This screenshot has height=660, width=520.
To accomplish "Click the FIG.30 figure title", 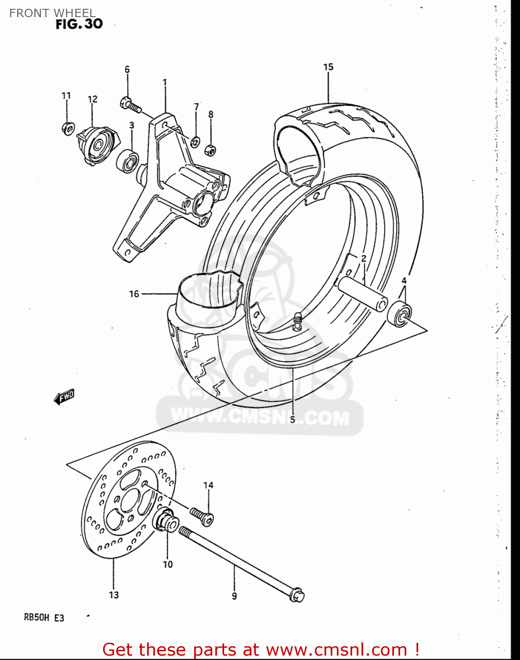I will coord(79,24).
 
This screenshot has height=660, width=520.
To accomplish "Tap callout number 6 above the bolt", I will coord(127,70).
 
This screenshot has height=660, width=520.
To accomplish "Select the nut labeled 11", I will coord(67,128).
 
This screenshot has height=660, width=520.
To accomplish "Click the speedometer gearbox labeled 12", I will coord(97,144).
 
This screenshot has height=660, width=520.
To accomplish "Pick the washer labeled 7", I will coord(195,142).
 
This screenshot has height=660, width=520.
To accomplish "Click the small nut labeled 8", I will coord(211,150).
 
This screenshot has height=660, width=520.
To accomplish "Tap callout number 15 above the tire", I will coord(328,67).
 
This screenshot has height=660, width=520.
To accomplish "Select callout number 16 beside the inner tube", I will coord(134,293).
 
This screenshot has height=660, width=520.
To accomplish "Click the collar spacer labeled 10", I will coord(166,521).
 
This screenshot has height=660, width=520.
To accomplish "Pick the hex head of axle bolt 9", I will coord(297,595).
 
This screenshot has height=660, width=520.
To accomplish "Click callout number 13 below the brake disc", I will coord(114,595).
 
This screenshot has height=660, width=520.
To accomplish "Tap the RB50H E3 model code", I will coord(44,617).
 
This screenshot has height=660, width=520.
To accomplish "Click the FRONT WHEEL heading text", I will coord(52,13).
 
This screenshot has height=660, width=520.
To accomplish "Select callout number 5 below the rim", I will coord(292,419).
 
